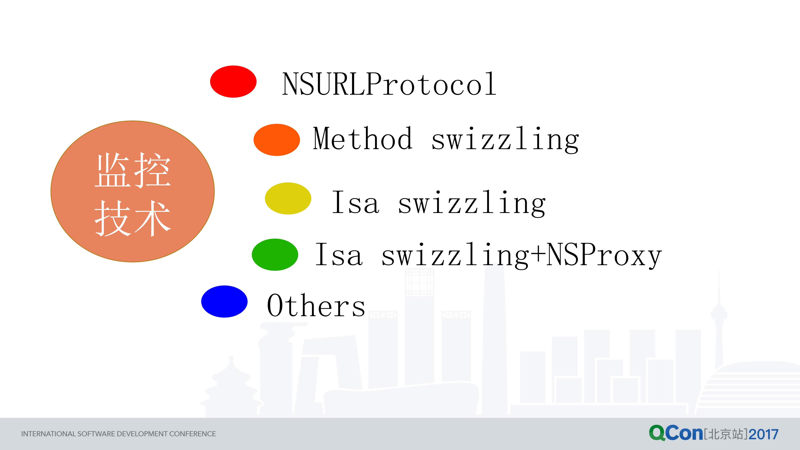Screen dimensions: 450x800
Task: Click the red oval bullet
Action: coord(233,82)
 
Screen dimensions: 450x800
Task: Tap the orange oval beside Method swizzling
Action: coord(277,140)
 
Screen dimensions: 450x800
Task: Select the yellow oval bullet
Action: coord(288,199)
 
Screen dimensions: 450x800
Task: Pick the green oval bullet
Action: coord(275,255)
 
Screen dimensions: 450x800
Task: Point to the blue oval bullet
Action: coord(224,302)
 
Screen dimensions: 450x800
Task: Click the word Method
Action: coord(363,139)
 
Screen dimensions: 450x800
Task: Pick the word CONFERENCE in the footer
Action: coord(193,434)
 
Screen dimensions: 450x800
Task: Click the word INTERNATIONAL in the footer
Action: coord(48,434)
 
